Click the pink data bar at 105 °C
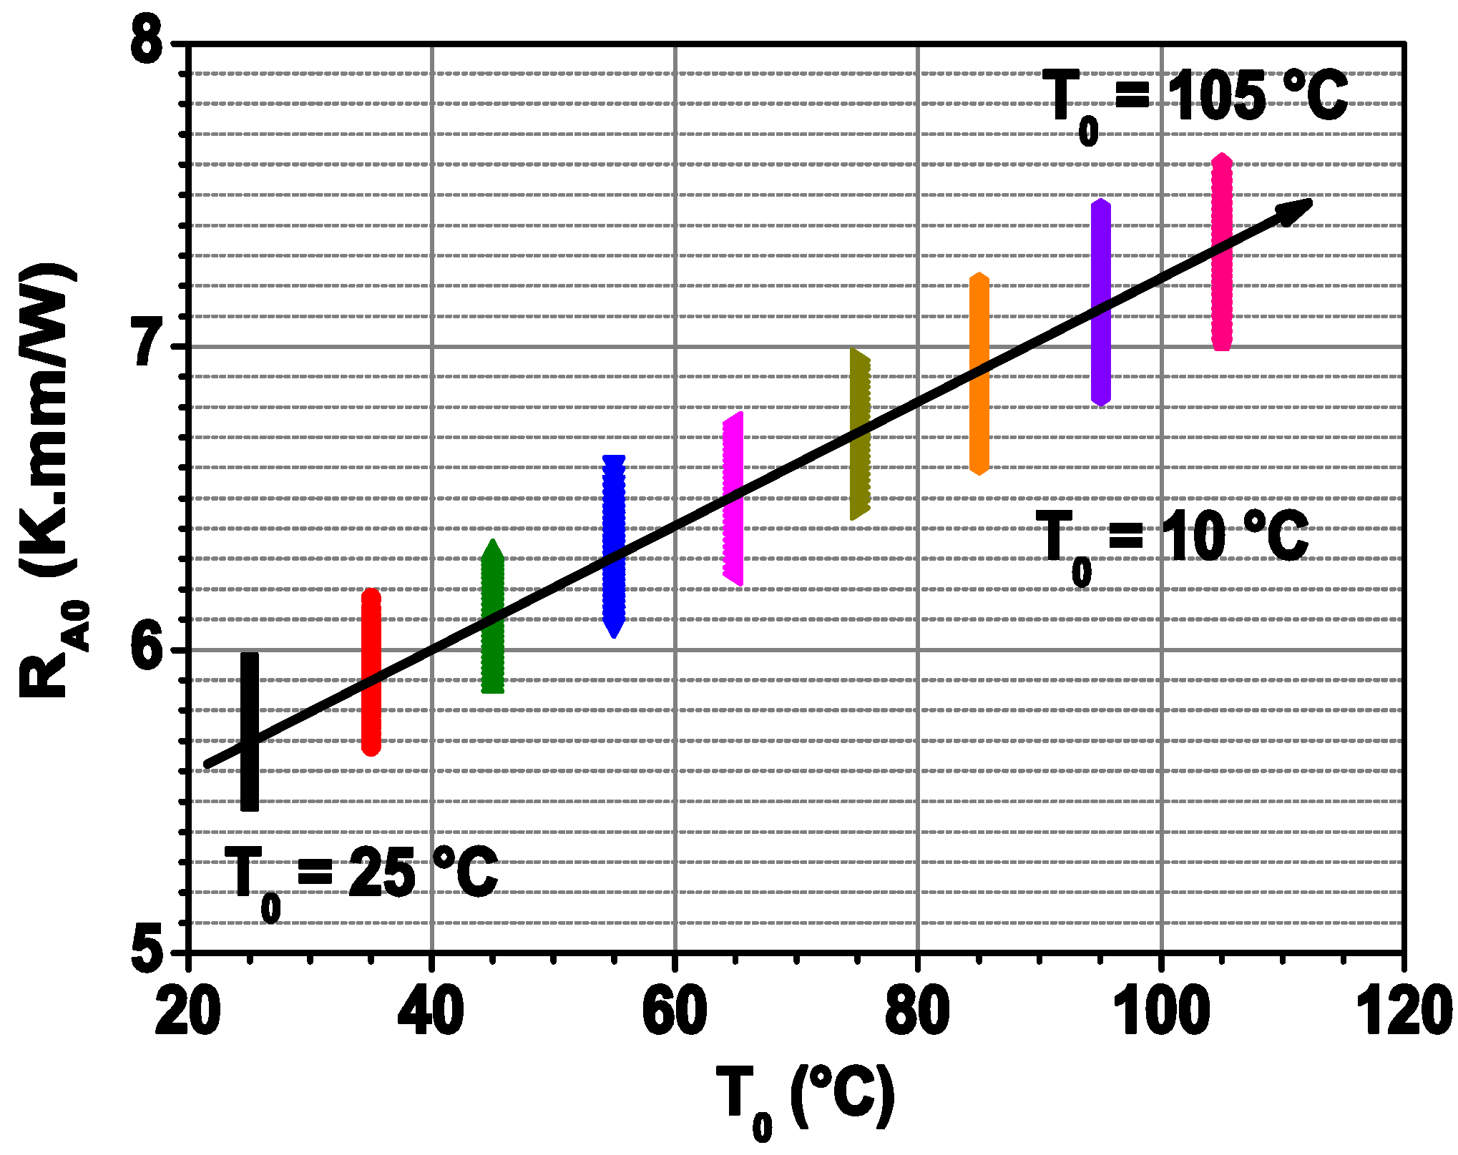1222,300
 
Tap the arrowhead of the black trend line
1295,211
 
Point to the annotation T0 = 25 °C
361,876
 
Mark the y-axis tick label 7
149,347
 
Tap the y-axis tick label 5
149,951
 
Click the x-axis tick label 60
674,1012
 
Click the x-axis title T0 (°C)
805,1098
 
